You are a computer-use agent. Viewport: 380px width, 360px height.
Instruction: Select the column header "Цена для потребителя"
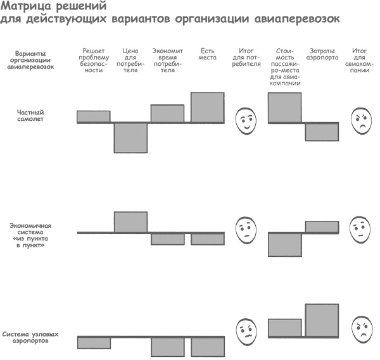click(130, 60)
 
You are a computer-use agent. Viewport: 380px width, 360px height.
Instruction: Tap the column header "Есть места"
click(207, 54)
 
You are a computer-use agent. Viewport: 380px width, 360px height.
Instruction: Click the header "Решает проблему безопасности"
click(93, 60)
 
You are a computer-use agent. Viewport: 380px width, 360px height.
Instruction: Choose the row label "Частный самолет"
click(30, 115)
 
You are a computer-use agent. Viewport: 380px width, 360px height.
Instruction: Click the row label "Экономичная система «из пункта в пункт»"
click(31, 235)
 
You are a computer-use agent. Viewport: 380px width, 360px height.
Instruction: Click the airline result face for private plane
click(360, 120)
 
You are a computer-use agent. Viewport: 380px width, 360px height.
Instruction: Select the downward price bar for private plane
click(130, 137)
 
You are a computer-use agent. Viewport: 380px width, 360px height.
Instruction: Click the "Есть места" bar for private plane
click(207, 107)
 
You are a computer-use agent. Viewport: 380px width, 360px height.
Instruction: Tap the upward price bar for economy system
click(130, 222)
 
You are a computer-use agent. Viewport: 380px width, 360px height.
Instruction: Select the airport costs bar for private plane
click(322, 132)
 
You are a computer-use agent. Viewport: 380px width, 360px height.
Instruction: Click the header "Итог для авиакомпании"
click(360, 60)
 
